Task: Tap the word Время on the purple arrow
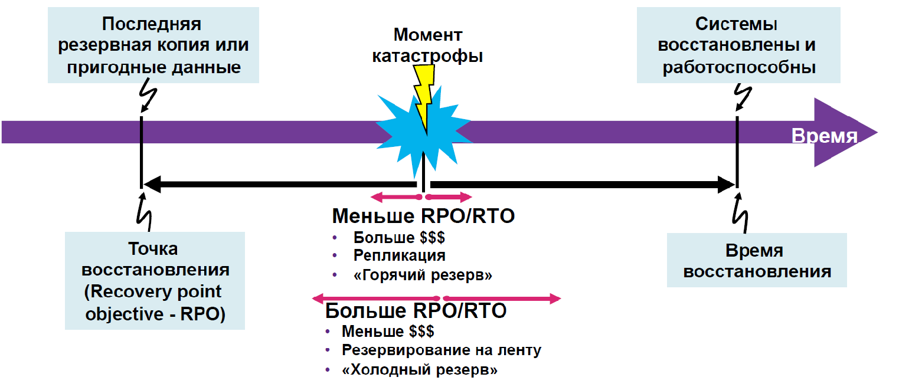[x=824, y=136]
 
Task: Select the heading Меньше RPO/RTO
[x=423, y=216]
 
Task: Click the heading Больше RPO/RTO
[x=416, y=310]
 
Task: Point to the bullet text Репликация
[x=399, y=255]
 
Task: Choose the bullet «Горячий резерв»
[x=423, y=275]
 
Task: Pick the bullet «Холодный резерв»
[x=420, y=370]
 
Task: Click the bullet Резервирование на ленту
[x=441, y=350]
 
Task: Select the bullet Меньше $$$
[x=388, y=331]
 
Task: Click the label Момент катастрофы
[x=427, y=45]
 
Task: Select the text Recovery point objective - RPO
[x=155, y=303]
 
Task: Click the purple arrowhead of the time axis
[x=844, y=132]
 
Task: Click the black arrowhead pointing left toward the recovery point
[x=152, y=184]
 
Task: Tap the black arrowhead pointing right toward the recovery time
[x=725, y=184]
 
